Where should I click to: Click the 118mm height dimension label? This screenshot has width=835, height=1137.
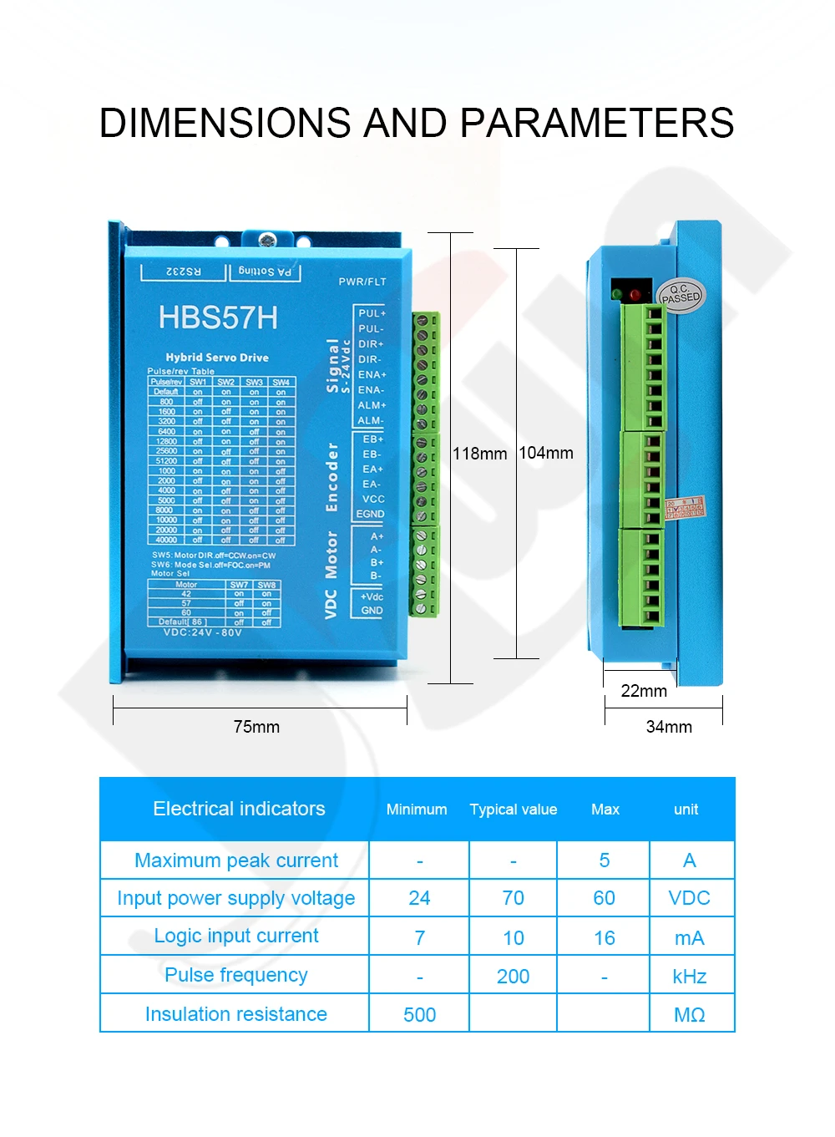pyautogui.click(x=479, y=454)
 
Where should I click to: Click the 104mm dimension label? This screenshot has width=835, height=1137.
pyautogui.click(x=546, y=453)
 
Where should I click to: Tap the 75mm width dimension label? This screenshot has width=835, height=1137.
pyautogui.click(x=256, y=727)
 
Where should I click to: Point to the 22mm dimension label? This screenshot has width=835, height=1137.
pyautogui.click(x=644, y=691)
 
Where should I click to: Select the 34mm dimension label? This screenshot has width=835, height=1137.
pyautogui.click(x=669, y=727)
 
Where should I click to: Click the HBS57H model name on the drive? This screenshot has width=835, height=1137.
pyautogui.click(x=218, y=318)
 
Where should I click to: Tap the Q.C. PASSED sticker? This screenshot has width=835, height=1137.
pyautogui.click(x=681, y=295)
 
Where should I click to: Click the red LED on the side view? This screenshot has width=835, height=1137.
pyautogui.click(x=635, y=295)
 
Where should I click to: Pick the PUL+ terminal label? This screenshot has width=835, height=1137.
pyautogui.click(x=372, y=313)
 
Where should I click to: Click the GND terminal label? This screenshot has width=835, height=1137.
pyautogui.click(x=372, y=611)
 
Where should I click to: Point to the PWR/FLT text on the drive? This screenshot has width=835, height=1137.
pyautogui.click(x=362, y=282)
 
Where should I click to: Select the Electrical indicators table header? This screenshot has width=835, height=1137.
pyautogui.click(x=239, y=809)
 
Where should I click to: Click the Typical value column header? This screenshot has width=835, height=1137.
pyautogui.click(x=513, y=810)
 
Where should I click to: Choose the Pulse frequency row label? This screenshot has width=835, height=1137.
pyautogui.click(x=236, y=975)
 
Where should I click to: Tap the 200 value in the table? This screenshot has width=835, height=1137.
pyautogui.click(x=513, y=977)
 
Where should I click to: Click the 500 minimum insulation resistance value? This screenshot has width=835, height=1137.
pyautogui.click(x=419, y=1015)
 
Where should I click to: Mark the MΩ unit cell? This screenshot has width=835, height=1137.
pyautogui.click(x=690, y=1015)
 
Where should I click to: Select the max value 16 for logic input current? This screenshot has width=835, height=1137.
pyautogui.click(x=604, y=938)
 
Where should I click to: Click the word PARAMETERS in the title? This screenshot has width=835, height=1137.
pyautogui.click(x=597, y=124)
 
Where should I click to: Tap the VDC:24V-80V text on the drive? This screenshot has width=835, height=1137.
pyautogui.click(x=202, y=632)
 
